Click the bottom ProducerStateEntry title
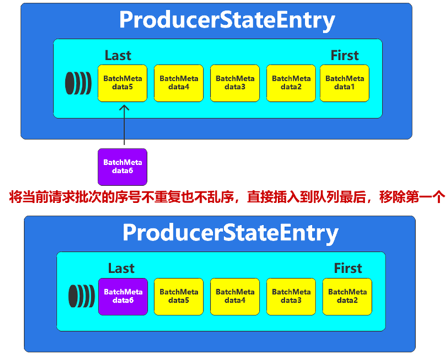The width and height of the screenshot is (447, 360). pos(230,233)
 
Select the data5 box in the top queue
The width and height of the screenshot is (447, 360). pos(122,83)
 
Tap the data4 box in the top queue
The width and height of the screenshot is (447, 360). pos(178,83)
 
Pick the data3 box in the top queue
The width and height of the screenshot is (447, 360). pos(235,83)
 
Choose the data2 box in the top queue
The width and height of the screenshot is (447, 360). pos(291,83)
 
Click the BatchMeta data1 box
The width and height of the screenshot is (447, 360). pos(344,83)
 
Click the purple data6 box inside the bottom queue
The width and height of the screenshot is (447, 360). pos(122,296)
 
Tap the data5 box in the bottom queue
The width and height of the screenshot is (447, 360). pos(179,296)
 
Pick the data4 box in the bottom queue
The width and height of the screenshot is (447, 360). pos(236,296)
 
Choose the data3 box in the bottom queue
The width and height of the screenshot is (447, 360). pos(291,296)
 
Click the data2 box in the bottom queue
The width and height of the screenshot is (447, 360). pos(347,296)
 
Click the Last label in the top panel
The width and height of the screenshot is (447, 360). pos(117,55)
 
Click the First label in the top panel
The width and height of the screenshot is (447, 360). pos(344,55)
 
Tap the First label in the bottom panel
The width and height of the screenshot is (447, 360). pos(347,268)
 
